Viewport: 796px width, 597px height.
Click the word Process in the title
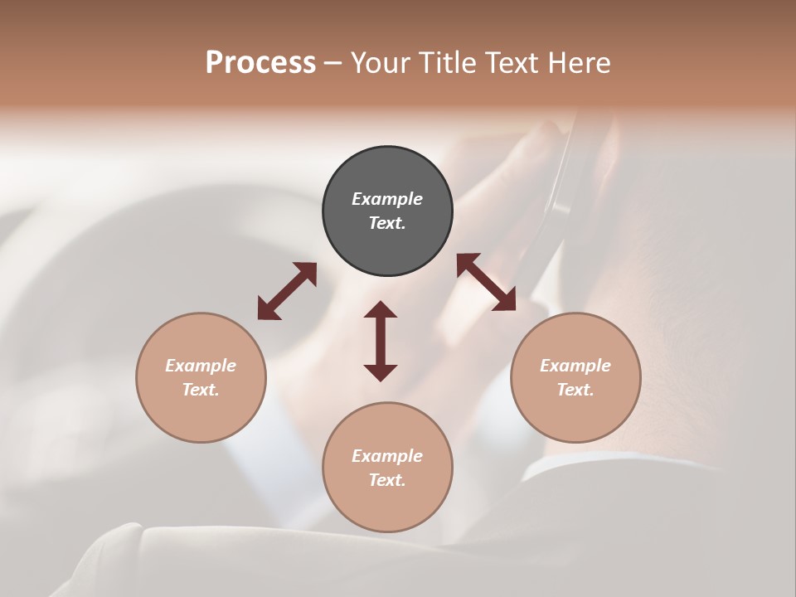pos(260,63)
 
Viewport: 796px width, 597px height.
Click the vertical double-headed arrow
pos(381,341)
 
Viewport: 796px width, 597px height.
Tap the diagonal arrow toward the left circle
pos(287,291)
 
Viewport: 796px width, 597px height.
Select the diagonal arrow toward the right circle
pos(486,282)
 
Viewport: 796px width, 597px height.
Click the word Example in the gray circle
pos(387,199)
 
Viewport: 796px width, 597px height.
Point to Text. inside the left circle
pos(201,390)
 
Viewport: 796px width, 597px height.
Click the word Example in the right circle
pos(575,366)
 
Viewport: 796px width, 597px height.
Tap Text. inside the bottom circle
pos(387,480)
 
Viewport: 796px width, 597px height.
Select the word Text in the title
pos(514,63)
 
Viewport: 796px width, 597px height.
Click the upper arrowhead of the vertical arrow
pos(381,310)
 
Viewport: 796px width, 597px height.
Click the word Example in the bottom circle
pos(387,456)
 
